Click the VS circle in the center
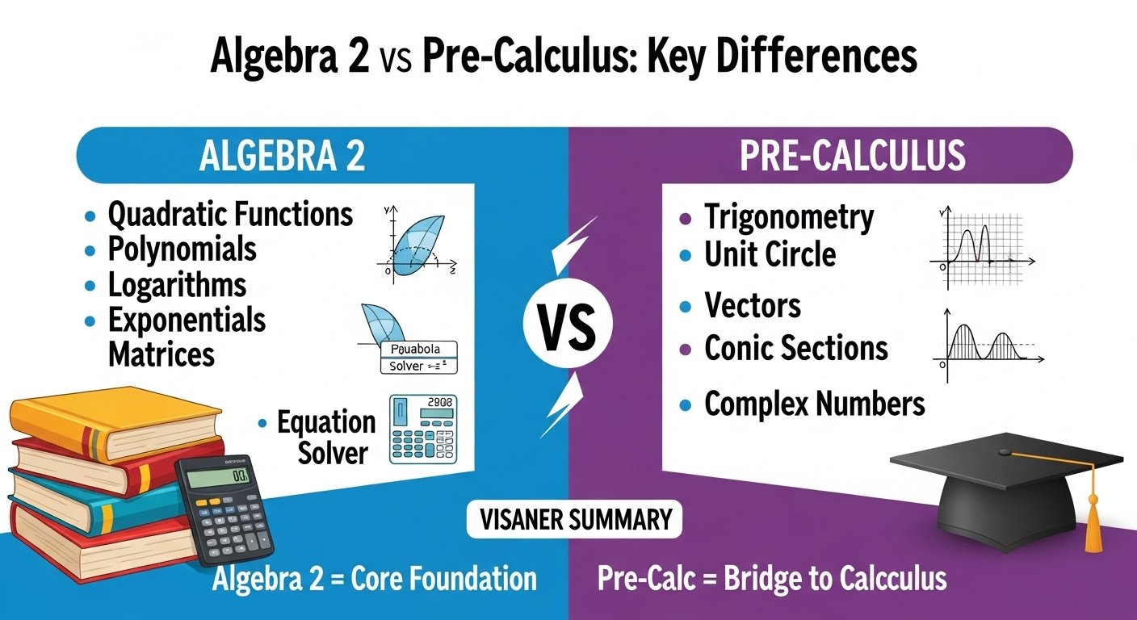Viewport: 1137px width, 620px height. pyautogui.click(x=568, y=327)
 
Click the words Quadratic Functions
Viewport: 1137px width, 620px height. pyautogui.click(x=230, y=215)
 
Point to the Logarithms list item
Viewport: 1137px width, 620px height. pyautogui.click(x=177, y=285)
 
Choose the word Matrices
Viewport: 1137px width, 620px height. pyautogui.click(x=162, y=354)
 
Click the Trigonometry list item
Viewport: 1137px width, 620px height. pyautogui.click(x=789, y=217)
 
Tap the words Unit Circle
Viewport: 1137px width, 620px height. pyautogui.click(x=770, y=255)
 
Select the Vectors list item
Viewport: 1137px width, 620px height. pyautogui.click(x=753, y=306)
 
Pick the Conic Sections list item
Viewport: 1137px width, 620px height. pyautogui.click(x=796, y=349)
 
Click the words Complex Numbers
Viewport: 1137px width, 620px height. pyautogui.click(x=814, y=404)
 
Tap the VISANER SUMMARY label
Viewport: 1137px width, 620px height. pyautogui.click(x=575, y=519)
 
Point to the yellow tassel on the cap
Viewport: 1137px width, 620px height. pyautogui.click(x=1094, y=525)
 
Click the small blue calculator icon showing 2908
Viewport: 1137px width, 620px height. pyautogui.click(x=422, y=429)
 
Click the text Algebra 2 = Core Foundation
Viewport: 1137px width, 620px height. pyautogui.click(x=374, y=579)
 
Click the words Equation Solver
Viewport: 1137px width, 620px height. pyautogui.click(x=327, y=437)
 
